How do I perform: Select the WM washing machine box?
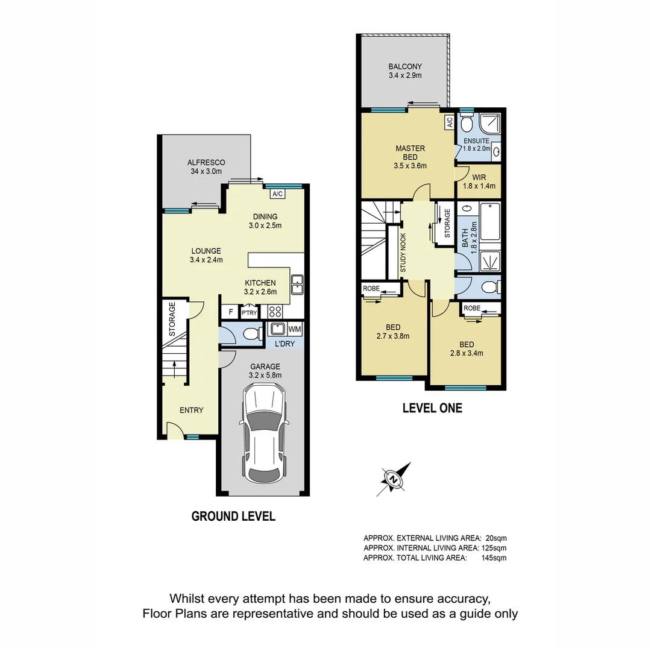coord(295,329)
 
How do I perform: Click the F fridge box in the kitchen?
coord(229,312)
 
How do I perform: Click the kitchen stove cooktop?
coord(275,312)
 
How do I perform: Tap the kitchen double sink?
coord(297,283)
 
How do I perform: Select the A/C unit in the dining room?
coord(277,194)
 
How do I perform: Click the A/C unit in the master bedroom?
coord(449,122)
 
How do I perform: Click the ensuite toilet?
coord(466,125)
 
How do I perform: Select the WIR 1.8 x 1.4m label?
coord(480,182)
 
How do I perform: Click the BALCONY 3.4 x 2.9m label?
coord(405,71)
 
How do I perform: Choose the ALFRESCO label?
coord(206,167)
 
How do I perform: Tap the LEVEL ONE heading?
coord(432,409)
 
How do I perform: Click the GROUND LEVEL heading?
coord(233,517)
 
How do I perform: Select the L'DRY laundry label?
coord(285,344)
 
